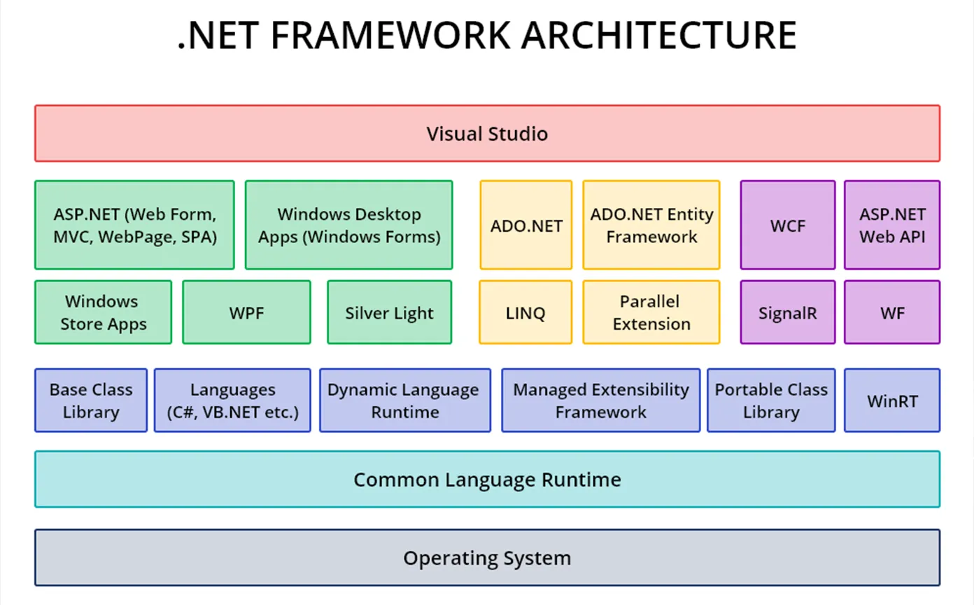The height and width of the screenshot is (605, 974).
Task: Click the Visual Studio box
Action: tap(487, 134)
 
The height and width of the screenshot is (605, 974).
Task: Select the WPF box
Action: tap(246, 312)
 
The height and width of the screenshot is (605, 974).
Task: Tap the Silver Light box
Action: tap(389, 312)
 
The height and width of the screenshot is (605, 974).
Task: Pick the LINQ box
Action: tap(525, 312)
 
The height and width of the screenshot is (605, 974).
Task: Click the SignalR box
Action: tap(787, 312)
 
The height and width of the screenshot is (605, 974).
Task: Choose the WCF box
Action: tap(787, 225)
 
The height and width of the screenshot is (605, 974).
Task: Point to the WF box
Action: tap(892, 312)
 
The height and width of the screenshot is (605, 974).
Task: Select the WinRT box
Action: tap(892, 401)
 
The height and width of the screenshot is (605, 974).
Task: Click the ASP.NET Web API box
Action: tap(892, 225)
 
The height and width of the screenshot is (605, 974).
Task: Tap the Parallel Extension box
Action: tap(651, 312)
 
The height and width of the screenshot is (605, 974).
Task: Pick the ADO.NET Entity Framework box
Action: tap(651, 225)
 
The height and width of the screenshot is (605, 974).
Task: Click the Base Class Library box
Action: tap(91, 401)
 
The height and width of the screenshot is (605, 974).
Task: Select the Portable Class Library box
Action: tap(771, 401)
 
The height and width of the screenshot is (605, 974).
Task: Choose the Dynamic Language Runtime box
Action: tap(404, 401)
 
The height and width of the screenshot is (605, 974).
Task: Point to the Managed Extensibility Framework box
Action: tap(601, 401)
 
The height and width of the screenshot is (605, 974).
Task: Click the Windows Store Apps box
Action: tap(103, 312)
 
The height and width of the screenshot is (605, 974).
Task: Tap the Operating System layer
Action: tap(487, 558)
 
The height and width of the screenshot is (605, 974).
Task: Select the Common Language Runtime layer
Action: tap(487, 480)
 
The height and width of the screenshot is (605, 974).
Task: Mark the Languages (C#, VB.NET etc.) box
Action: tap(232, 401)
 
